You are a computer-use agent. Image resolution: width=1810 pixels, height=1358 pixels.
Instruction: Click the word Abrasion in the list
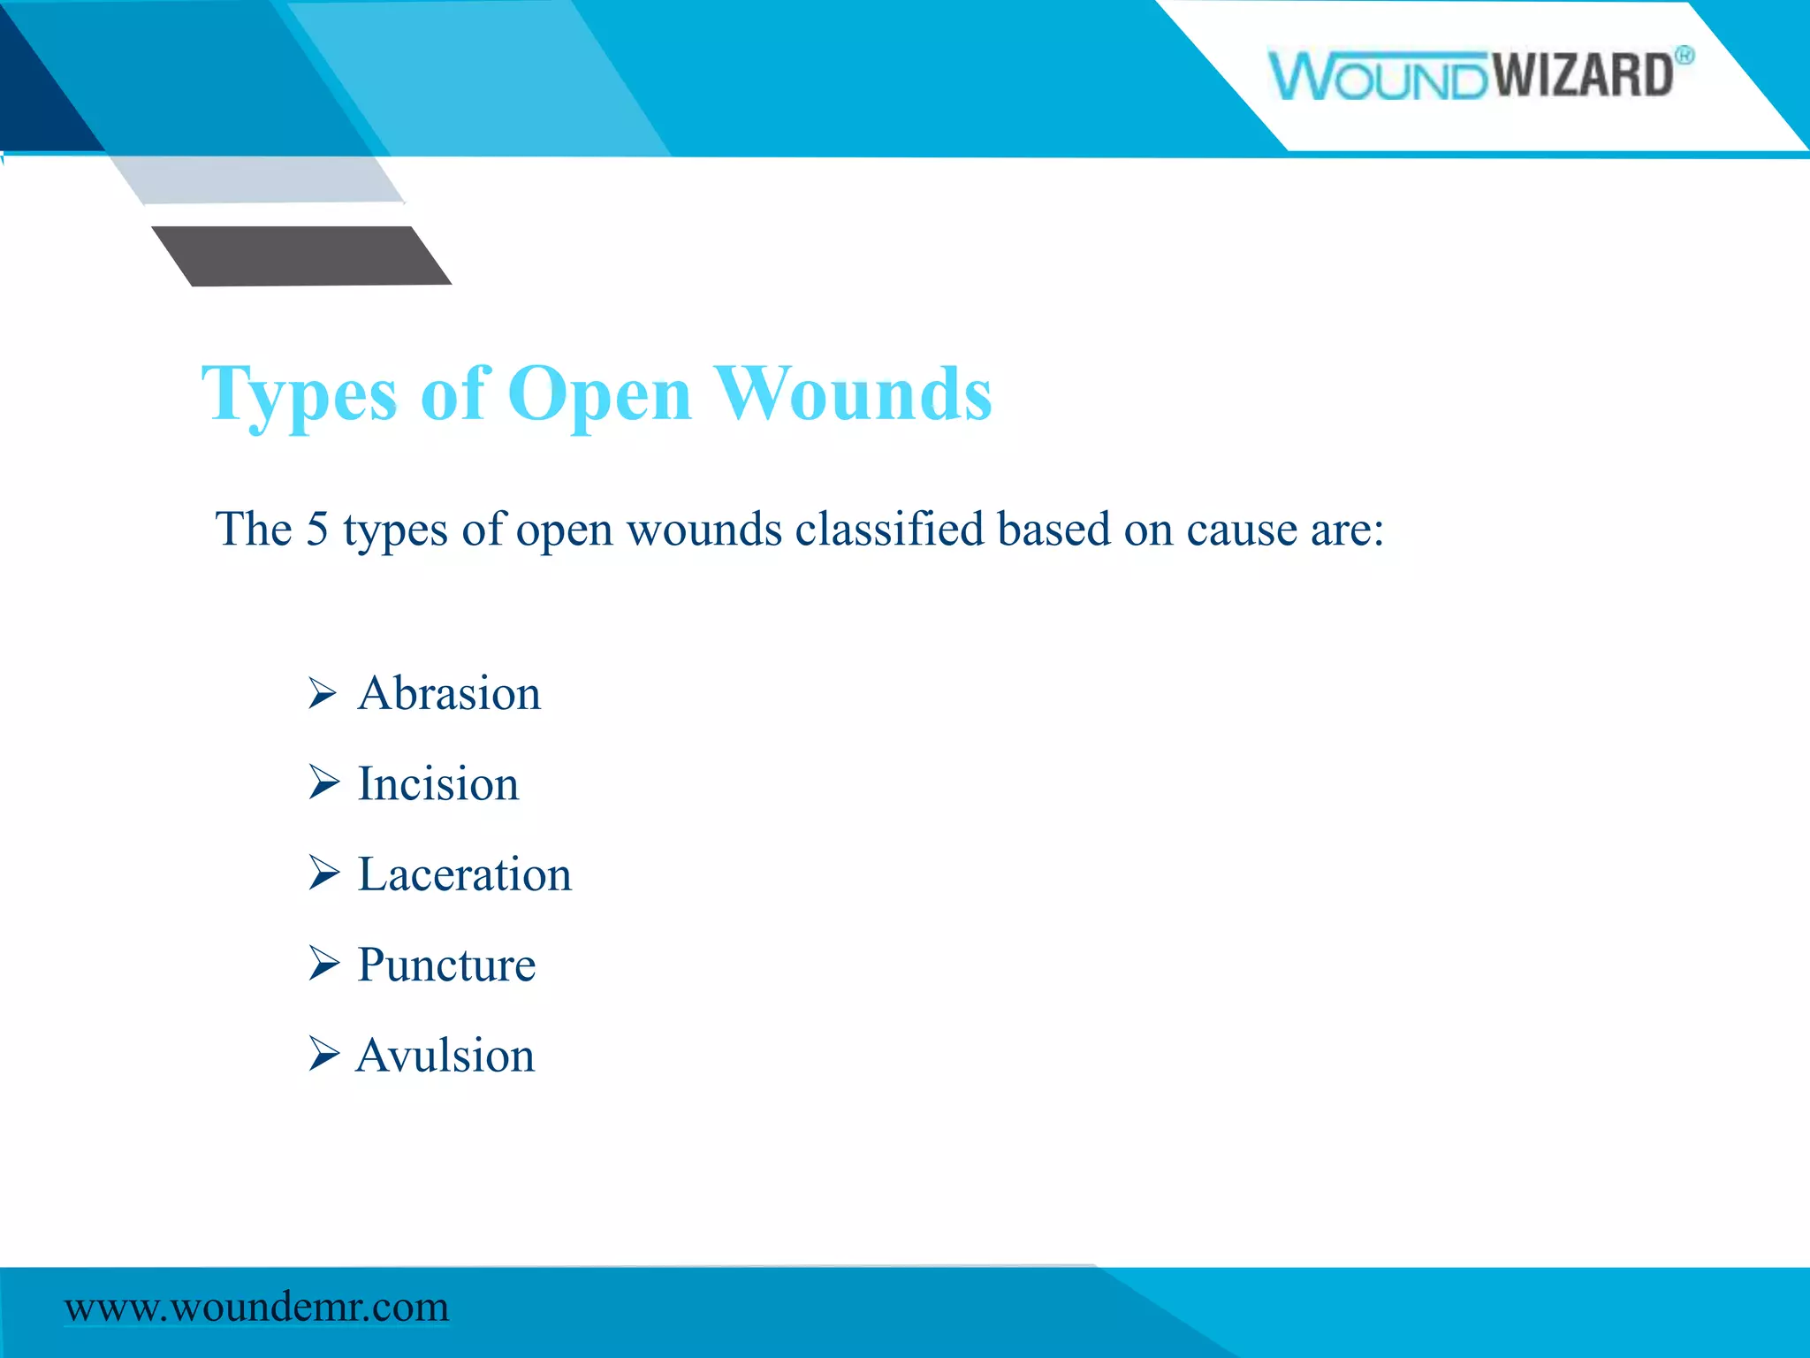click(449, 694)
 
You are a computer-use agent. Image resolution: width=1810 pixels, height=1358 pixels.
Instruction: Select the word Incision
click(437, 784)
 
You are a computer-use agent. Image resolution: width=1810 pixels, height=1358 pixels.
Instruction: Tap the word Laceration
click(464, 875)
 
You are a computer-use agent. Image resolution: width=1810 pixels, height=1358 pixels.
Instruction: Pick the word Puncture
click(446, 965)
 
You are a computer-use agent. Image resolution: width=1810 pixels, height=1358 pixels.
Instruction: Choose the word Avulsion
click(445, 1057)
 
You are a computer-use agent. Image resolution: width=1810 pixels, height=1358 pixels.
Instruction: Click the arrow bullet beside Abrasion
click(323, 693)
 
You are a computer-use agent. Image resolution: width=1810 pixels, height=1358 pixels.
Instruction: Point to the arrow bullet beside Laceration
click(323, 874)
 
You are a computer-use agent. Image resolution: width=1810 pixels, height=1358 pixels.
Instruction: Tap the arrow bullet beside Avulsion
click(323, 1054)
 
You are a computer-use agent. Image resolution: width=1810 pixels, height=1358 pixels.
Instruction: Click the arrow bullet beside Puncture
click(323, 964)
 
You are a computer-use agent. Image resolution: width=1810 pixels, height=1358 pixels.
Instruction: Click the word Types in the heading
click(300, 395)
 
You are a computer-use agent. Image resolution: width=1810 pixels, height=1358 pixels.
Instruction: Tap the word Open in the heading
click(599, 395)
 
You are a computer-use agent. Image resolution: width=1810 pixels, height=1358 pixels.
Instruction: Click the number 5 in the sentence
click(316, 530)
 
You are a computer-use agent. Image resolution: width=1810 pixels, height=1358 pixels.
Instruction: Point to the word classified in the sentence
click(889, 530)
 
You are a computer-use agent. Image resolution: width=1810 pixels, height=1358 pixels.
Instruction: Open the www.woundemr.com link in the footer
click(256, 1307)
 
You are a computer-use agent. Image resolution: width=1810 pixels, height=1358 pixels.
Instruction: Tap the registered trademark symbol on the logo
click(1685, 56)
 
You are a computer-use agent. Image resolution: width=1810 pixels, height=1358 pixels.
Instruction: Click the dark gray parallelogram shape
click(300, 256)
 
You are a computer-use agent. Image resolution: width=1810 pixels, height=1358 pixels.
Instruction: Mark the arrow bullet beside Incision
click(323, 782)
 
